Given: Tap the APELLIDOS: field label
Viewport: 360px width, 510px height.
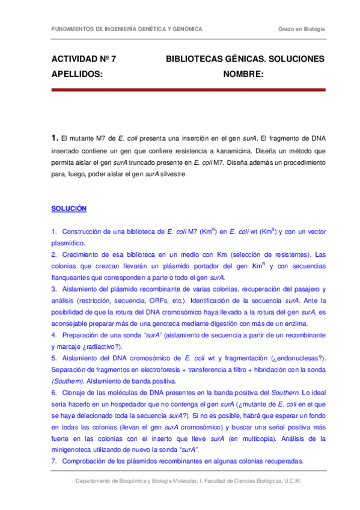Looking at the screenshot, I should click(x=77, y=74).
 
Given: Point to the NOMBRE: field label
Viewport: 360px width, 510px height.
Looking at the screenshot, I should click(x=243, y=74).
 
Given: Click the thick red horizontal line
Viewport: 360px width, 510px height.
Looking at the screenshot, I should click(x=188, y=90).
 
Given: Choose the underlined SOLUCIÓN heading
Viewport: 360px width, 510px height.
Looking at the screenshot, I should click(x=69, y=209).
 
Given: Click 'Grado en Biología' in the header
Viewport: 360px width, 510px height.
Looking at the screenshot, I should click(x=301, y=29).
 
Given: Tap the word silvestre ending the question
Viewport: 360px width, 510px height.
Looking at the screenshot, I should click(x=174, y=174).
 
